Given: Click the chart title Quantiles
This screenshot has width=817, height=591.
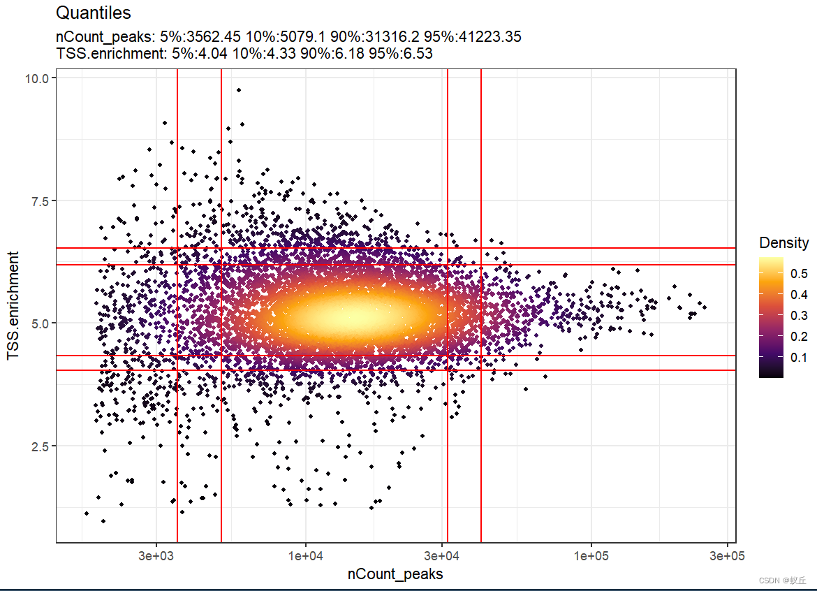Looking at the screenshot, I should (93, 13).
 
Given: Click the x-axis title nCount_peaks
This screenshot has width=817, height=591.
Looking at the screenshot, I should (395, 574).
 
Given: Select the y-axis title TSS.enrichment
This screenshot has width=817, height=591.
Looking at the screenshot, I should (13, 306).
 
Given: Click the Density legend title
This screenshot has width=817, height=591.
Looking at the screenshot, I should (783, 243).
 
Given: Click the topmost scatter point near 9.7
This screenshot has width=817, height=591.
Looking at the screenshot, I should (239, 90).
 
